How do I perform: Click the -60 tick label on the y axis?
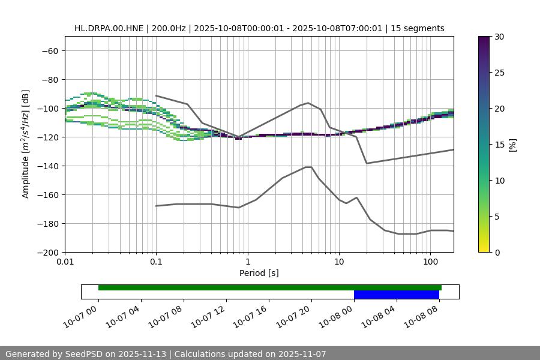(49, 50)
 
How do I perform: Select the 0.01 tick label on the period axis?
(65, 262)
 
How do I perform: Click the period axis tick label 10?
(339, 262)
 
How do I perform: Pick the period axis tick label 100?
(430, 262)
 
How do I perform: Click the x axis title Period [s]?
(259, 273)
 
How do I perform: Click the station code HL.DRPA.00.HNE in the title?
(109, 28)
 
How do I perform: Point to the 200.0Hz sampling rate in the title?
(170, 28)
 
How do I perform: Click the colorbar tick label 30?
(499, 37)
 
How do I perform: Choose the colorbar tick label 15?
(499, 145)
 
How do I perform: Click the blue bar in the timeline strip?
(396, 295)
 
